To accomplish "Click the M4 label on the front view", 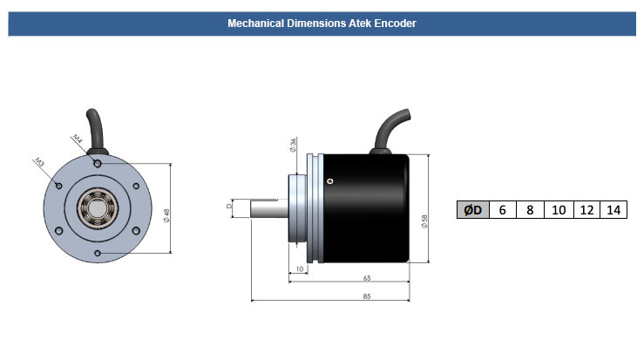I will click(78, 139).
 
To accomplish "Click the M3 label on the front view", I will click(40, 163).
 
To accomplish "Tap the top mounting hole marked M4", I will click(98, 163).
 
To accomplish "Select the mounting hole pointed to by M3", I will click(58, 185).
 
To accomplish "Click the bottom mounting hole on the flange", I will click(98, 253).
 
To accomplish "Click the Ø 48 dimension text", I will click(166, 214).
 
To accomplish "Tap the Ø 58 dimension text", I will click(424, 221).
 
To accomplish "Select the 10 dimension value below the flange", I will click(299, 269).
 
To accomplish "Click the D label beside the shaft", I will click(229, 207).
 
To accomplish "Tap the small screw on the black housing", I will click(329, 180).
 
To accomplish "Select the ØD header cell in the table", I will click(473, 210).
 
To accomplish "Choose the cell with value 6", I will click(502, 210).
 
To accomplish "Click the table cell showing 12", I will click(586, 210).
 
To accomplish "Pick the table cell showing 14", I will click(613, 210).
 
